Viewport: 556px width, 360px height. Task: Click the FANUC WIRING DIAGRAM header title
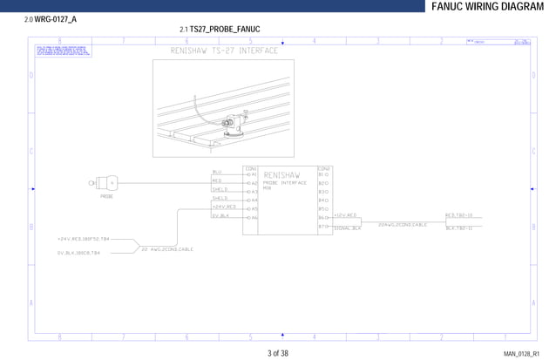tap(492, 7)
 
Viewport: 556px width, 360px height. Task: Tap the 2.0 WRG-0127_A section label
tap(50, 18)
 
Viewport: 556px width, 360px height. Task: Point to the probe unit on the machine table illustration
tap(232, 131)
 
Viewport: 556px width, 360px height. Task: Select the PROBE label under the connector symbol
tap(106, 197)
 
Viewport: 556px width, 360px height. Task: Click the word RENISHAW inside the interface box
tap(281, 175)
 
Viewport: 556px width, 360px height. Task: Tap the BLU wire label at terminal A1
tap(217, 173)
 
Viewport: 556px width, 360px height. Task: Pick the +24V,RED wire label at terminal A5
tap(224, 207)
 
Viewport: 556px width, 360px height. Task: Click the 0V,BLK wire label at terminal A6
tap(220, 215)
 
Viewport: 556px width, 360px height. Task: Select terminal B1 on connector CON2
tap(323, 174)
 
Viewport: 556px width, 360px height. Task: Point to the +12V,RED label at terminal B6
tap(346, 214)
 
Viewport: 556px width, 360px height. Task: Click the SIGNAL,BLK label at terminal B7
tap(347, 228)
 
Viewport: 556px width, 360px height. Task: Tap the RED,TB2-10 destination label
tap(458, 214)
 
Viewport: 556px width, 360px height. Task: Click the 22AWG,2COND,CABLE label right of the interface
tap(402, 224)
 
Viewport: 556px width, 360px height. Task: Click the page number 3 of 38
tap(277, 353)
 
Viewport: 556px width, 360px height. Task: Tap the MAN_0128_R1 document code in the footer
tap(521, 354)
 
